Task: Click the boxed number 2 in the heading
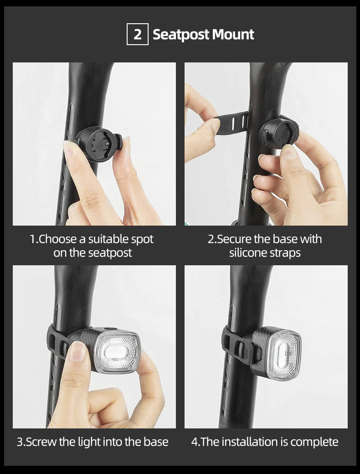click(x=137, y=35)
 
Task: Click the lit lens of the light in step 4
click(x=284, y=353)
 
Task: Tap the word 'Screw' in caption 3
click(x=39, y=442)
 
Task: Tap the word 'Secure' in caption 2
click(x=232, y=239)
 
